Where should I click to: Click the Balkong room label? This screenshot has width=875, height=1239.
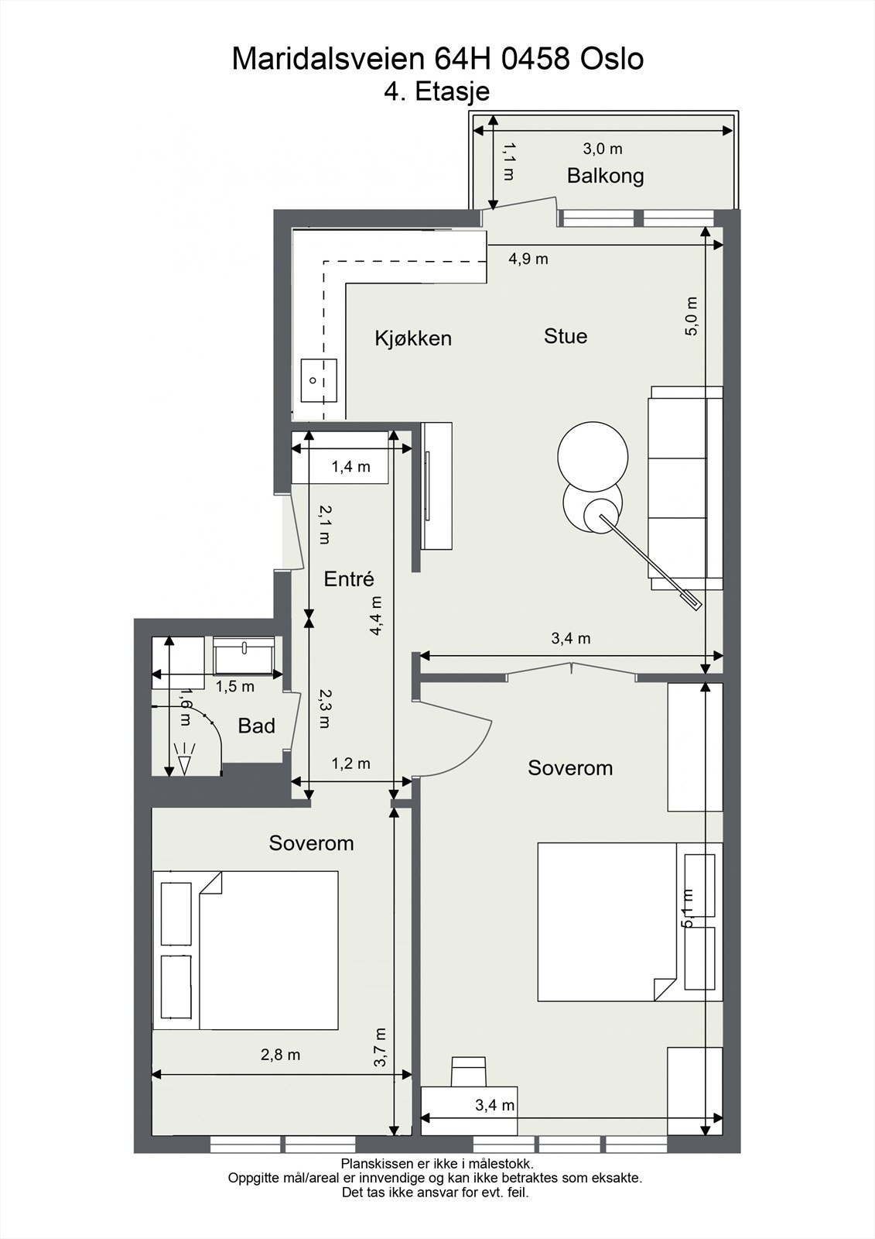tap(605, 177)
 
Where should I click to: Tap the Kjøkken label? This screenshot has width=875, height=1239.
tap(413, 338)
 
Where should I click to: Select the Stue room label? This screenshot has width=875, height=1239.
tap(566, 336)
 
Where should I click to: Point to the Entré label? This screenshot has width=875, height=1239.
tap(349, 578)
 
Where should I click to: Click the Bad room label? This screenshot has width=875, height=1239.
tap(257, 726)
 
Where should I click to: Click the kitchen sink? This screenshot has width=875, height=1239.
tap(319, 380)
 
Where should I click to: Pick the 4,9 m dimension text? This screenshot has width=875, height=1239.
tap(528, 259)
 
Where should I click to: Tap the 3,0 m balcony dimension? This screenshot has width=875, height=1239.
tap(603, 149)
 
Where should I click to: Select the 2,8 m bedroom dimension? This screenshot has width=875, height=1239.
tap(280, 1055)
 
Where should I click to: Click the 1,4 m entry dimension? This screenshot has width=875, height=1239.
tap(351, 467)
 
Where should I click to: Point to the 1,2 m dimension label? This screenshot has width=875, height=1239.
tap(351, 764)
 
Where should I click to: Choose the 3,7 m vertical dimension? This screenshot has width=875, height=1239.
tap(381, 1048)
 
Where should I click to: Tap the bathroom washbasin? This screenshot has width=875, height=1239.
tap(244, 656)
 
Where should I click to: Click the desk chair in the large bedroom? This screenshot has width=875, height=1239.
tap(469, 1071)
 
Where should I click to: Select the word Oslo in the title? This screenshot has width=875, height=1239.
tap(612, 59)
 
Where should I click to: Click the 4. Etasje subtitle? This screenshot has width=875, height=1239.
tap(436, 92)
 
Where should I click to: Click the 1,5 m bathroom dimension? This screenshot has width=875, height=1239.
tap(235, 686)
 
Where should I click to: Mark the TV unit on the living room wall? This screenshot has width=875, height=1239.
tap(436, 486)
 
